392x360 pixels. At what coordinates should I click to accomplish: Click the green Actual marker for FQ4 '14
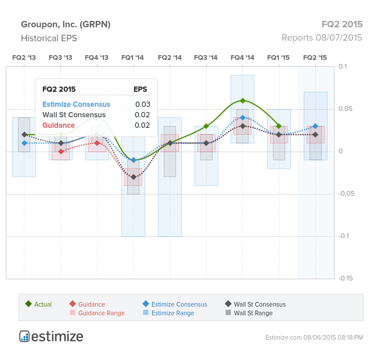[243, 101]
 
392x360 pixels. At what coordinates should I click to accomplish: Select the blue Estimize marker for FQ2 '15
[315, 126]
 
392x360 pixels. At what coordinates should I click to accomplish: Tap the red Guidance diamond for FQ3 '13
[61, 152]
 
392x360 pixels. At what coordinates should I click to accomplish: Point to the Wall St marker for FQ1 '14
[134, 177]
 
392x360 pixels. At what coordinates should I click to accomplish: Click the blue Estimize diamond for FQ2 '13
[24, 143]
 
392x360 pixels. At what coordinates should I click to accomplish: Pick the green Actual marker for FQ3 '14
[206, 126]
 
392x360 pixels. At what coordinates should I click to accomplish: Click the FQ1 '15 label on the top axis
[278, 57]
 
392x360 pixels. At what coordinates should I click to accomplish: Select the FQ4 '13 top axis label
[96, 57]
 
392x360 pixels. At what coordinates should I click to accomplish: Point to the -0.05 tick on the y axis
[347, 194]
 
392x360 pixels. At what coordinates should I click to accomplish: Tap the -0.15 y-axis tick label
[346, 278]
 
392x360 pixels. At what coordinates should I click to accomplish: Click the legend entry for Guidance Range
[97, 313]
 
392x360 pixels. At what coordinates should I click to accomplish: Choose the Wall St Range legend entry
[249, 313]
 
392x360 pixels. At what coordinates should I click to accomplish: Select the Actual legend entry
[38, 304]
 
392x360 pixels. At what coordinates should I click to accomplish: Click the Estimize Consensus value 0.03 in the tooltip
[143, 105]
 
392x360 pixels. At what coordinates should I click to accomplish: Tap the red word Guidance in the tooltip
[59, 125]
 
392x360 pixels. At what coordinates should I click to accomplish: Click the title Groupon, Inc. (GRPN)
[66, 24]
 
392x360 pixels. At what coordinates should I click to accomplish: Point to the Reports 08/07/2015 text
[322, 38]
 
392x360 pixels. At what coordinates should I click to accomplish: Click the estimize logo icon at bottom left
[24, 336]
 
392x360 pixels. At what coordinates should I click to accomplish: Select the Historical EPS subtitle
[49, 38]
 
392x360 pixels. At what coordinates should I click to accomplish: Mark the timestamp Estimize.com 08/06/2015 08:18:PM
[314, 337]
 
